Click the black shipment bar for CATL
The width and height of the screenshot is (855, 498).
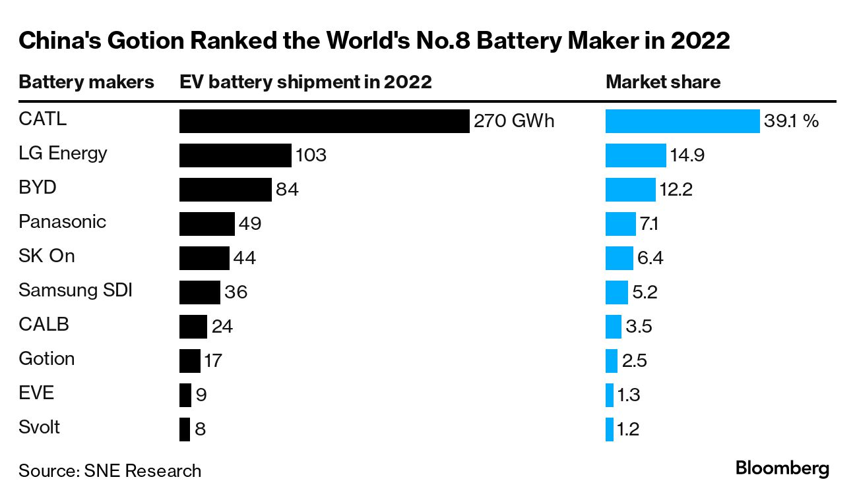[324, 121]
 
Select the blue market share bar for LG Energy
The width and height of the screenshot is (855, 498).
[635, 155]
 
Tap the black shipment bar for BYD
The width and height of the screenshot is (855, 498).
[225, 190]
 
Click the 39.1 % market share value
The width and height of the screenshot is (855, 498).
[792, 121]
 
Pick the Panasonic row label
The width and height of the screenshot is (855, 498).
[62, 221]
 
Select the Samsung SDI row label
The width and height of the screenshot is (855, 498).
[75, 290]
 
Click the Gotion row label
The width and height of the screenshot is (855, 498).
[46, 358]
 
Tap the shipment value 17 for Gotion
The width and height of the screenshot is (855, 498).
[213, 361]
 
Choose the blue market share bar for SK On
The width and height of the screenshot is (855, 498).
[619, 258]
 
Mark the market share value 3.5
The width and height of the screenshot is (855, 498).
[639, 327]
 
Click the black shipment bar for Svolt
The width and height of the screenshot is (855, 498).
[185, 429]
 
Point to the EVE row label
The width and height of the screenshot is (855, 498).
[36, 393]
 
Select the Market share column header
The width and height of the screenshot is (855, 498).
[662, 82]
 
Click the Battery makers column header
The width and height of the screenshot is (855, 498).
[86, 82]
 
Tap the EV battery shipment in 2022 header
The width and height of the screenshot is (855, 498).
[305, 82]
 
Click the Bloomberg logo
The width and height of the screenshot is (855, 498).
[782, 469]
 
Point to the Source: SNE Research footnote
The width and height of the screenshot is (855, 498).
[110, 471]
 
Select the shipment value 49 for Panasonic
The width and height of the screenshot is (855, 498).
[250, 224]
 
